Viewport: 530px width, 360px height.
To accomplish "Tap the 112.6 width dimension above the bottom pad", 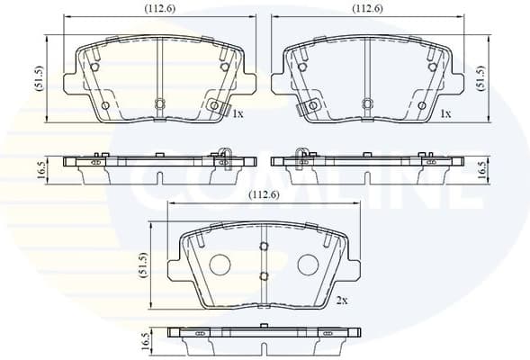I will pos(263,193).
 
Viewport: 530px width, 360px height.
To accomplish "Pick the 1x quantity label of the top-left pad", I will pos(238,115).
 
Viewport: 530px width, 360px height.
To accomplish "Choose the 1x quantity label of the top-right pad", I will pos(445,115).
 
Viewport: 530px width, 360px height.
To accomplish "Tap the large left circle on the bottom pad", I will pos(220,265).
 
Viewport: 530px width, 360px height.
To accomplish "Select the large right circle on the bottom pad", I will pos(308,265).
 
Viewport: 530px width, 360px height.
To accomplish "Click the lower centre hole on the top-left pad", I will pos(159,103).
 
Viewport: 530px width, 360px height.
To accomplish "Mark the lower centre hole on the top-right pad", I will pos(366,103).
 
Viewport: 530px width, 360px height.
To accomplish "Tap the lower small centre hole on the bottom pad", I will pos(264,276).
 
